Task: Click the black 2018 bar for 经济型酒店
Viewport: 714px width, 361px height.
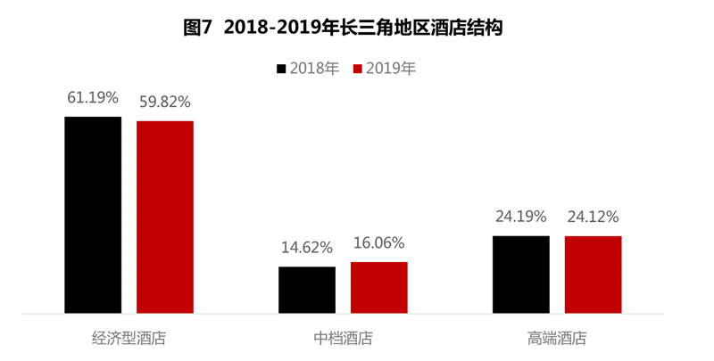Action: [x=93, y=215]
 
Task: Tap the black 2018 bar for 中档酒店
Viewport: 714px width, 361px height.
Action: [x=307, y=290]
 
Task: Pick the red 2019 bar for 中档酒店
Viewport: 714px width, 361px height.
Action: [x=379, y=287]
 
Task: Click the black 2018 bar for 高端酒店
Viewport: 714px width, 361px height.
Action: [x=521, y=275]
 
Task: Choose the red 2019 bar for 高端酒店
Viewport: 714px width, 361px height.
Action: [x=594, y=275]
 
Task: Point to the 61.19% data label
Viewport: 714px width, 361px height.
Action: [x=93, y=97]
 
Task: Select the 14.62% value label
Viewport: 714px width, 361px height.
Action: [x=307, y=248]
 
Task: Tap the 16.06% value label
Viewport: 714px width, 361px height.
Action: [x=379, y=242]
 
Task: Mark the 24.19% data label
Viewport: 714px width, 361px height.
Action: [x=521, y=217]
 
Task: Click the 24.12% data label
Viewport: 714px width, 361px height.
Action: [x=594, y=217]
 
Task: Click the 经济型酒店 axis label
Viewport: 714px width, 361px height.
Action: [x=129, y=339]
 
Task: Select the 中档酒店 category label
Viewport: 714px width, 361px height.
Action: [x=344, y=339]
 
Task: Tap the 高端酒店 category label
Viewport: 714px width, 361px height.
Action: [x=558, y=339]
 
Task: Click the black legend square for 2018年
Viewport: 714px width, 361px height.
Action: [x=282, y=68]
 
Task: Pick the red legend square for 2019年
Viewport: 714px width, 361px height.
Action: [x=359, y=68]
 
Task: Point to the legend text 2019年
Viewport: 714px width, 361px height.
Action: [x=391, y=68]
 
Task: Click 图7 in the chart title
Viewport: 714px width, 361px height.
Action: [x=197, y=28]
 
